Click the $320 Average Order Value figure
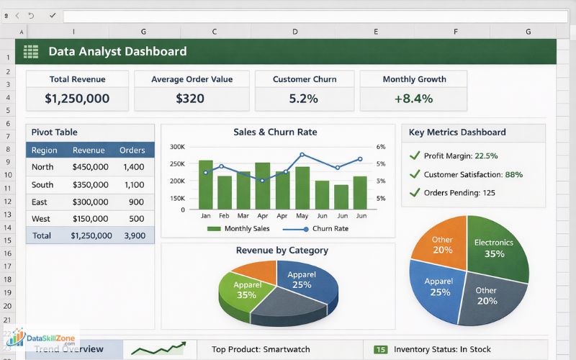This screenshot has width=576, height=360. point(190,98)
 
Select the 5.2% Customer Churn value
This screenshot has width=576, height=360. point(303,98)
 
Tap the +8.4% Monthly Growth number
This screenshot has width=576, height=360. point(413,98)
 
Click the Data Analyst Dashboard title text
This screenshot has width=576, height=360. point(117,51)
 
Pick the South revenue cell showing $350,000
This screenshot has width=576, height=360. point(90,184)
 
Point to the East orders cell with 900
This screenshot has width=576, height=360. point(136,202)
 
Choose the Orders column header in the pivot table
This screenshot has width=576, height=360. point(132,150)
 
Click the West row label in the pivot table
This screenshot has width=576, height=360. point(42,218)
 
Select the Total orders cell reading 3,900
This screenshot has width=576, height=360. point(134,235)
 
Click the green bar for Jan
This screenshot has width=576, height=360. point(206,184)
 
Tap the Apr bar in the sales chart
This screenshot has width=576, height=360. point(263,185)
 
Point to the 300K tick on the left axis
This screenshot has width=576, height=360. point(177,146)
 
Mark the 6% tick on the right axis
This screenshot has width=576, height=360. point(381,146)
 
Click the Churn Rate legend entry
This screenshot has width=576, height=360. point(330,228)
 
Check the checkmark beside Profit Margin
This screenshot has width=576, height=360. point(414,155)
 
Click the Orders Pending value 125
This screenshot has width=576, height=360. point(489,192)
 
